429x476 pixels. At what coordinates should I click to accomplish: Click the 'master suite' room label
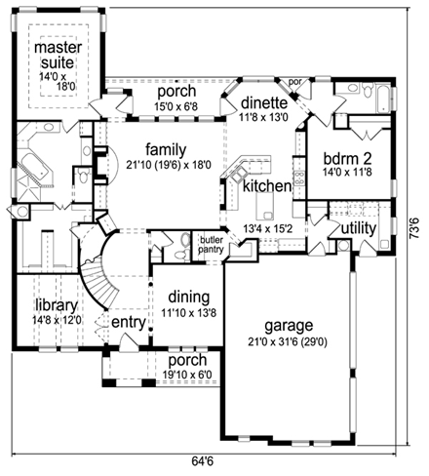pos(58,56)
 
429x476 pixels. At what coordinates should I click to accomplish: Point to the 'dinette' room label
pos(262,102)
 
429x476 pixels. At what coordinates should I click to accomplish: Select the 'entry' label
pos(128,322)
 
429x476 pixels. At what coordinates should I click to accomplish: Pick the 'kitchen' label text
pos(267,185)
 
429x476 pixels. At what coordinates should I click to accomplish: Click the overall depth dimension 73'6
pos(414,234)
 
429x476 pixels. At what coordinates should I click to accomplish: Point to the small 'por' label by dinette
pos(297,83)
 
